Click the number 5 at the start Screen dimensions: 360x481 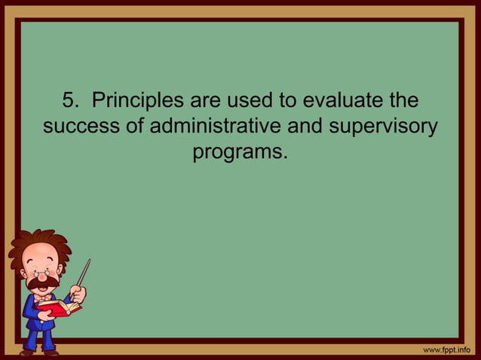point(67,101)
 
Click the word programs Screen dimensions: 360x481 point(240,153)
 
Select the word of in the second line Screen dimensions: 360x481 point(136,127)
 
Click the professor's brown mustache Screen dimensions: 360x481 point(42,282)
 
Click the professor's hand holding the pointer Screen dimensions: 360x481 point(78,293)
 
